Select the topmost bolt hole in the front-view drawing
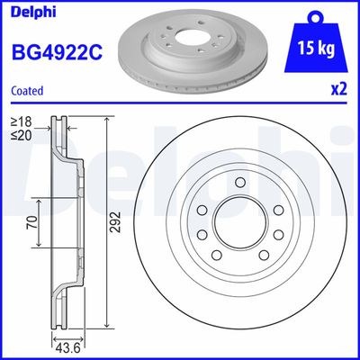(242, 185)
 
